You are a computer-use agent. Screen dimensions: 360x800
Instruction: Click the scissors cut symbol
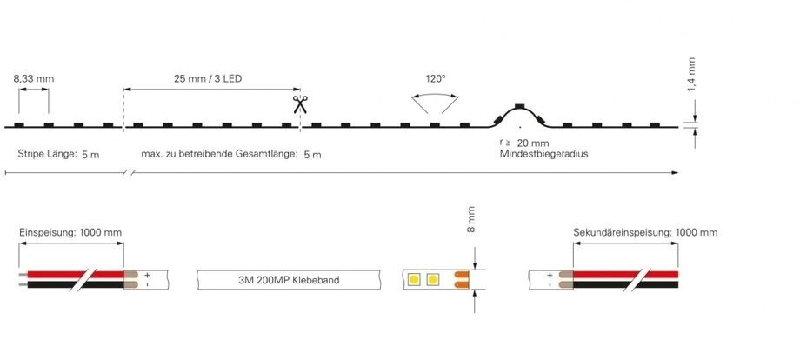coord(300,104)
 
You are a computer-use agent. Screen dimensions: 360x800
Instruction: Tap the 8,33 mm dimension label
coord(34,79)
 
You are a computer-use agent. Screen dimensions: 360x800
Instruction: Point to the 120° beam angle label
coord(436,79)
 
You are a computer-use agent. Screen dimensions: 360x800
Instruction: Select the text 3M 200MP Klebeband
coord(288,280)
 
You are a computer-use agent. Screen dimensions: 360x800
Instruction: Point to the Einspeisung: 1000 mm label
coord(70,233)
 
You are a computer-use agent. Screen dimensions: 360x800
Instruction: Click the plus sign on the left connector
coord(147,275)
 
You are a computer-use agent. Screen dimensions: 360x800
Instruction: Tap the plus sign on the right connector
coord(549,275)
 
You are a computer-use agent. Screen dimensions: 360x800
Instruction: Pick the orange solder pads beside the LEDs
coord(463,280)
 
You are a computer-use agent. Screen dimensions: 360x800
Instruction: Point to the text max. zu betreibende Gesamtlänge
coord(217,154)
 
